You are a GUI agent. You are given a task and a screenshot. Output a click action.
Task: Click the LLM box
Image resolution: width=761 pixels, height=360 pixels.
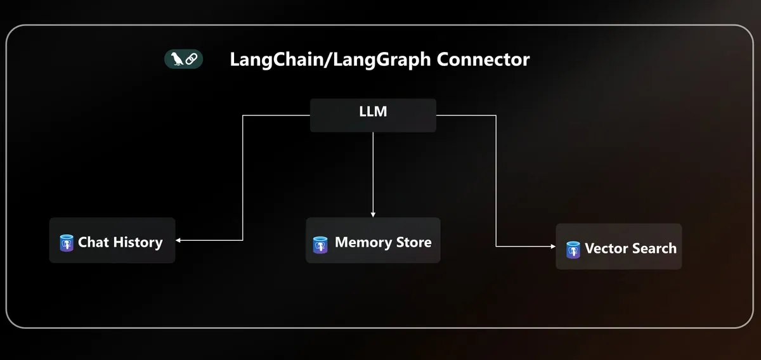373,115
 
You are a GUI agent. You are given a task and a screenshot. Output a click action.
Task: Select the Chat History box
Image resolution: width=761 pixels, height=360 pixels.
112,241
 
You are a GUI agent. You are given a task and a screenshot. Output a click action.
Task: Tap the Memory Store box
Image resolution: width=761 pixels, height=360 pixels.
373,241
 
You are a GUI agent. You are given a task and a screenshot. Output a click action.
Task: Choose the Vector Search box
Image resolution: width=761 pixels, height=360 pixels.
618,247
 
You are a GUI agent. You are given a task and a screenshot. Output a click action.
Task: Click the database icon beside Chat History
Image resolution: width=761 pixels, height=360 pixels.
67,243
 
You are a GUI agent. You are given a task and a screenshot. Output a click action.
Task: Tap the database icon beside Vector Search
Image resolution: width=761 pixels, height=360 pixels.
573,250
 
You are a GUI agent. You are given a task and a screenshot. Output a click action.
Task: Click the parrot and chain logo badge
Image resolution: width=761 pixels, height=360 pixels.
184,60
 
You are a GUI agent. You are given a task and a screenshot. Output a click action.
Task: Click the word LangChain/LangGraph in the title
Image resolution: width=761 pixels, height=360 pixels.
330,60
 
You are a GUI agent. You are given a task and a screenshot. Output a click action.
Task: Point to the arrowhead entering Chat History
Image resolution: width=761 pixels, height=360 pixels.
179,240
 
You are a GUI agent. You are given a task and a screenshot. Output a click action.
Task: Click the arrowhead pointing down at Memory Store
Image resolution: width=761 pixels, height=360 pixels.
373,214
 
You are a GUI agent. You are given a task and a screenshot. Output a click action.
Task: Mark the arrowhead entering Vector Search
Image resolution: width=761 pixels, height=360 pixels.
552,247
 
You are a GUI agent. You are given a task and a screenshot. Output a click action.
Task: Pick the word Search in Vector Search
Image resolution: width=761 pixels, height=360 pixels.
653,248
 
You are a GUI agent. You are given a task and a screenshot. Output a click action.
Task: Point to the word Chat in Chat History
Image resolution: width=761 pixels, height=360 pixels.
93,242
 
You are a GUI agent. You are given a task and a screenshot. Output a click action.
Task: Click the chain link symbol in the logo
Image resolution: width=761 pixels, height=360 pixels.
192,60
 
